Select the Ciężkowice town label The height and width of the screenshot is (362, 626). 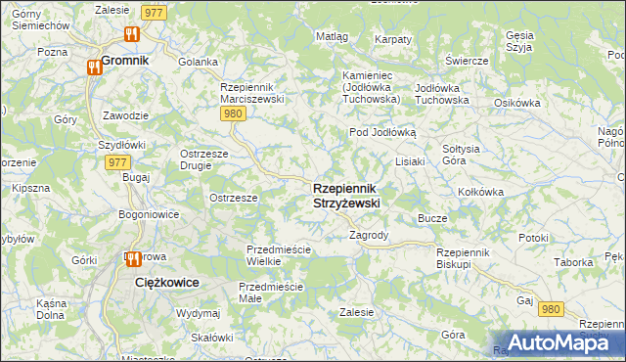[166, 282]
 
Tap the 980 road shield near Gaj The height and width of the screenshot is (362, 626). [552, 309]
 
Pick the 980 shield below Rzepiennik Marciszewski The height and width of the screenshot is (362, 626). [232, 114]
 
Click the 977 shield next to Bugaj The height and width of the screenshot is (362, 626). [117, 162]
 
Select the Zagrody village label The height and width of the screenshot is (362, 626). [370, 236]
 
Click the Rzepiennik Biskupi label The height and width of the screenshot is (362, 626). [469, 257]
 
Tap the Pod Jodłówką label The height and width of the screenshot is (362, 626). [383, 132]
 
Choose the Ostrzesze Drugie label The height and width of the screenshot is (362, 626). [204, 158]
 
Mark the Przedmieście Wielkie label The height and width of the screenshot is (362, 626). [279, 255]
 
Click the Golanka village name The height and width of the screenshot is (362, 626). [198, 62]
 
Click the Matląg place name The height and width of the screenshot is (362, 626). [332, 36]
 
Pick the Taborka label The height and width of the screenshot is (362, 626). [572, 262]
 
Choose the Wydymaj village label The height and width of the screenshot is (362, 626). [198, 313]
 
